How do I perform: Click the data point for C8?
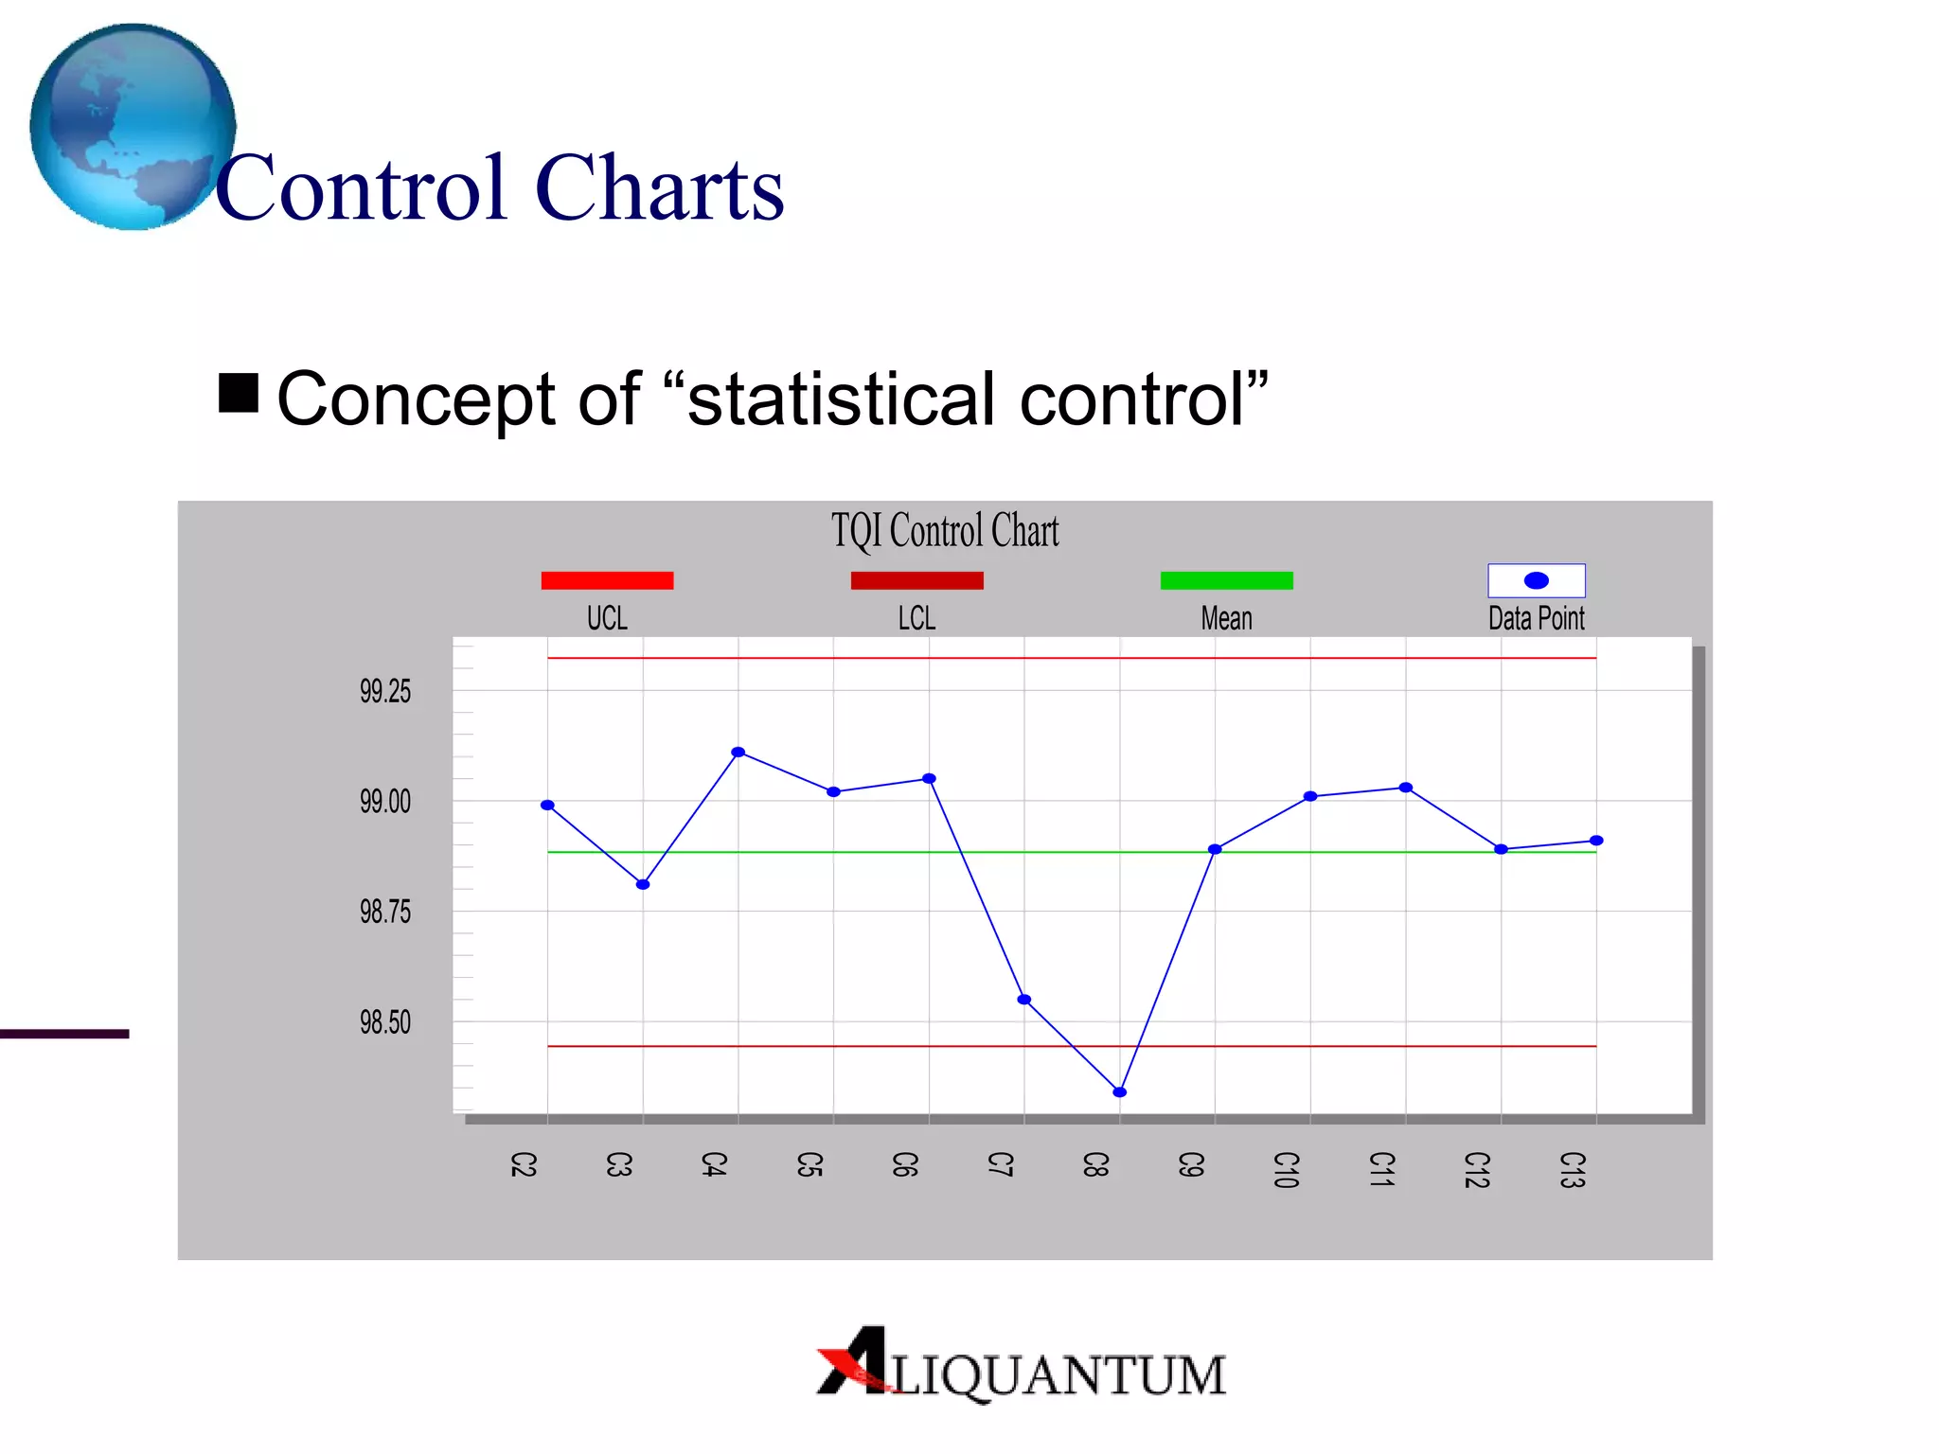[1120, 1092]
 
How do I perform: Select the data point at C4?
[738, 753]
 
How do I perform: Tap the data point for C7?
[1024, 1000]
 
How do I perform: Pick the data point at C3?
[643, 885]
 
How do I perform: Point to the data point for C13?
[1596, 841]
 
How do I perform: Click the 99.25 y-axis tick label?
[385, 692]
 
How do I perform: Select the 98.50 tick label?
[385, 1023]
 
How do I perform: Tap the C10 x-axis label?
[1286, 1170]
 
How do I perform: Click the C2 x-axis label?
[524, 1164]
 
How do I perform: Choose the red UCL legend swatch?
[607, 580]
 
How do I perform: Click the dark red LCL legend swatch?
[916, 580]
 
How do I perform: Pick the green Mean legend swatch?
[1226, 580]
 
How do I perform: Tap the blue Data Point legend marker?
[1537, 580]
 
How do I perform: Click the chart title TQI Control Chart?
[945, 531]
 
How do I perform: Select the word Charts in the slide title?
[660, 188]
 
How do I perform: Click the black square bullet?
[239, 394]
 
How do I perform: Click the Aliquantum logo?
[1022, 1366]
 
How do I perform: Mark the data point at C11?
[1406, 788]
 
